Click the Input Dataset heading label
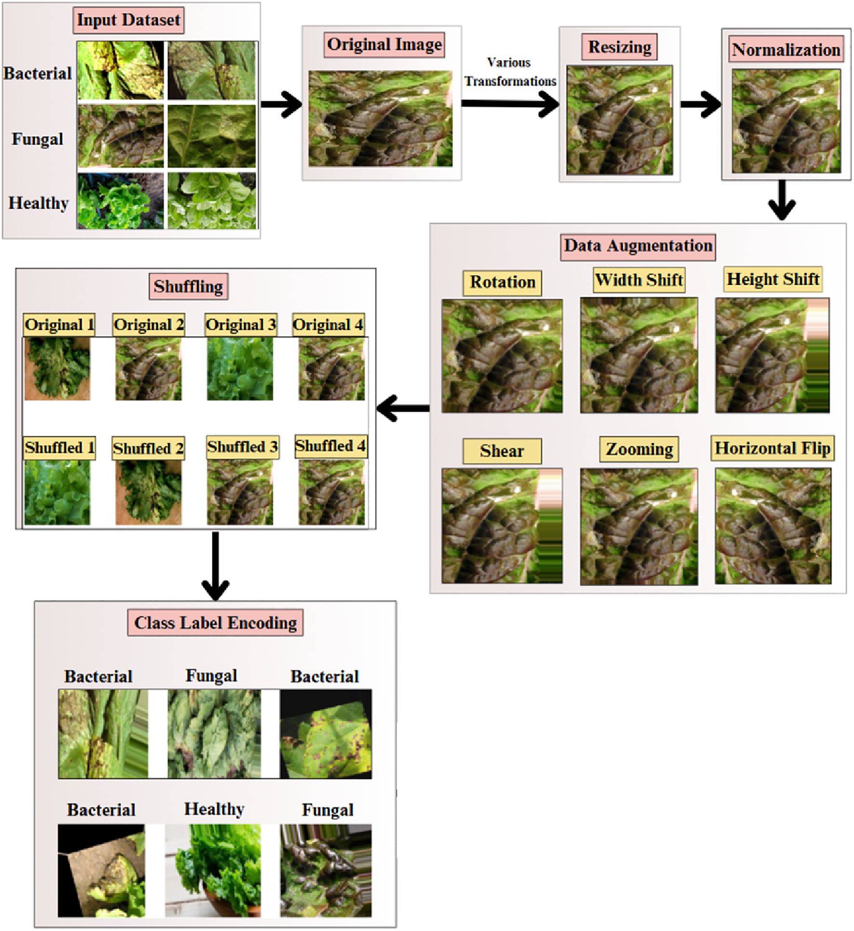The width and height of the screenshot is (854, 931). click(128, 20)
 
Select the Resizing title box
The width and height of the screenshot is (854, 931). click(619, 47)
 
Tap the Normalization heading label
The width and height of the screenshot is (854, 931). click(786, 50)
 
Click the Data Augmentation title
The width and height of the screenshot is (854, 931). click(638, 246)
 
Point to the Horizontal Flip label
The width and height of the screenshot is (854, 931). click(772, 448)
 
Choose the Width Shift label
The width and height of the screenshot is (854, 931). click(639, 280)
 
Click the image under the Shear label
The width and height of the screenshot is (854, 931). click(502, 525)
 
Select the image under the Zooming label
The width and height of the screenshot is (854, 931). click(639, 526)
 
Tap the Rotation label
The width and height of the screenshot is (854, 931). click(502, 282)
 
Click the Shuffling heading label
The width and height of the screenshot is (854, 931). click(188, 287)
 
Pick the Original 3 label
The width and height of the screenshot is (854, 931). click(240, 325)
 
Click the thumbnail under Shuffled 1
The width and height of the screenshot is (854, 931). click(57, 492)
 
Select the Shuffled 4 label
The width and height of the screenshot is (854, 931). click(330, 446)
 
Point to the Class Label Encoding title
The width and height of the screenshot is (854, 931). click(215, 623)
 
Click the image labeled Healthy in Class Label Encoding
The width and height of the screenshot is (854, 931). click(213, 870)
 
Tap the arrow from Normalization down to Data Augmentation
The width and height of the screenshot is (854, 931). click(782, 200)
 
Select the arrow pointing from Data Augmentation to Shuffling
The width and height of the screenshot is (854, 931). click(402, 409)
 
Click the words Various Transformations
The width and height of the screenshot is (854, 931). click(510, 72)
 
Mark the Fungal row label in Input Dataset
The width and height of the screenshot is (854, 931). click(37, 139)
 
